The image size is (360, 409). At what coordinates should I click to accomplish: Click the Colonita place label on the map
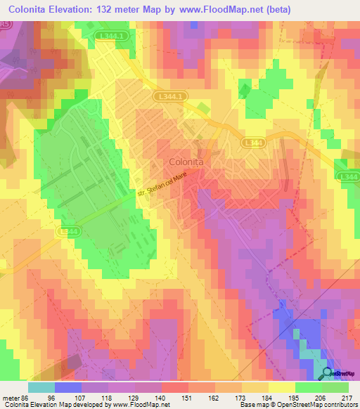(186, 162)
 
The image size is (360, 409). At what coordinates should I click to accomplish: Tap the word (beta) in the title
(277, 9)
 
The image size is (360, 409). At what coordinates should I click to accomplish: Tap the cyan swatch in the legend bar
(41, 387)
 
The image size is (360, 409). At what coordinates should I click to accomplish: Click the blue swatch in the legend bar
(68, 387)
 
